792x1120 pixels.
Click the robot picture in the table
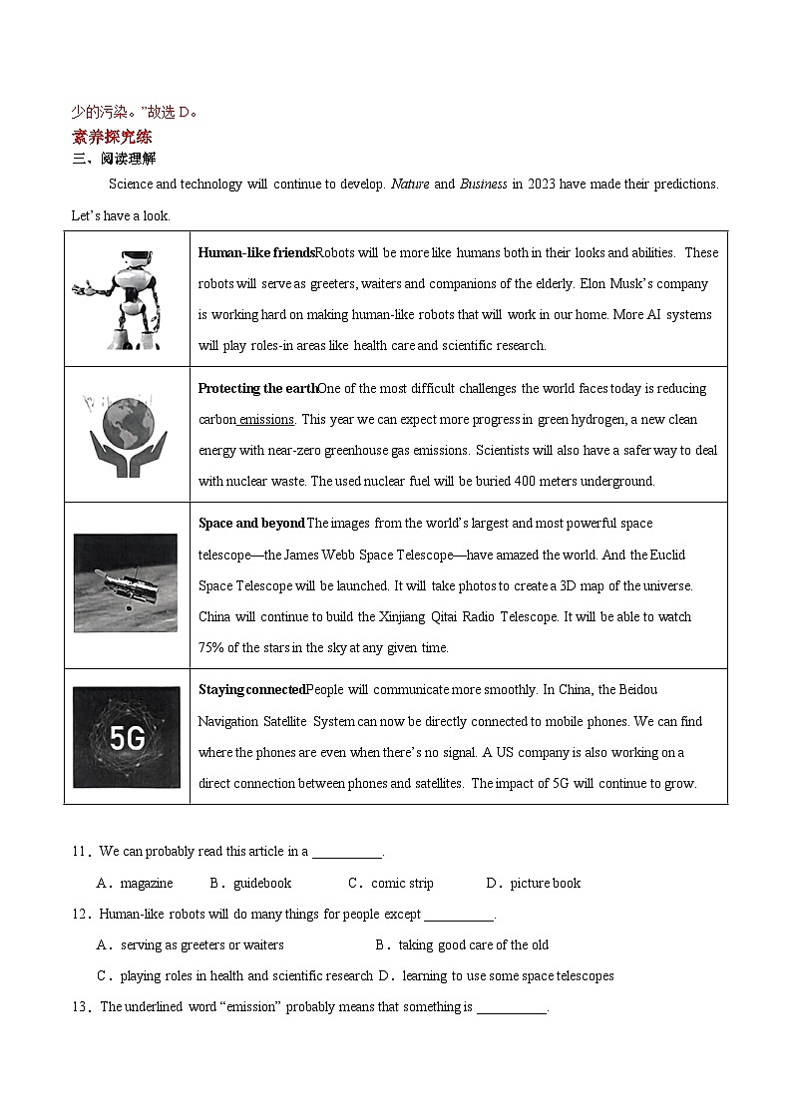(126, 299)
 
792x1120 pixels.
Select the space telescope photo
(125, 583)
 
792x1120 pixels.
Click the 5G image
(127, 737)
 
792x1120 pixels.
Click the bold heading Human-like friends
(256, 253)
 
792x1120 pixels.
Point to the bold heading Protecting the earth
(257, 389)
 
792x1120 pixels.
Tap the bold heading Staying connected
(251, 690)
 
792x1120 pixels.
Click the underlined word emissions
(266, 420)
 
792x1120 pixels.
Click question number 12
(81, 915)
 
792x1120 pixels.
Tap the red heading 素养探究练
(112, 137)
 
